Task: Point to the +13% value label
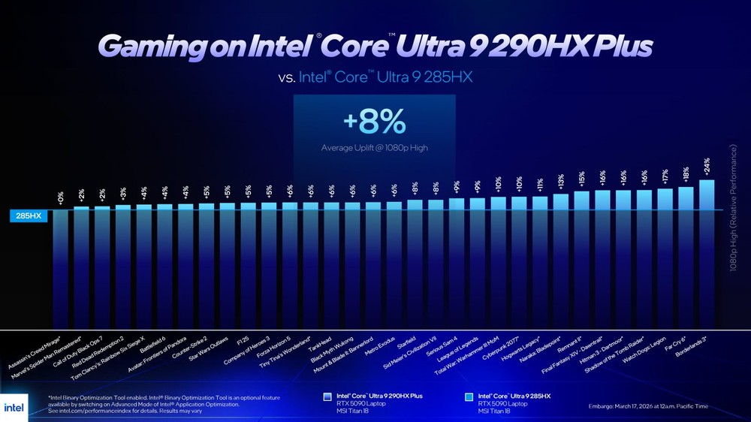(x=561, y=182)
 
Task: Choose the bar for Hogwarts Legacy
(x=540, y=262)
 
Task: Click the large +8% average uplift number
(x=373, y=121)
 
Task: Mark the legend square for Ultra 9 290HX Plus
(x=327, y=396)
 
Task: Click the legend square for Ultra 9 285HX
(x=469, y=396)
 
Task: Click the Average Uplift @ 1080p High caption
(x=374, y=147)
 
